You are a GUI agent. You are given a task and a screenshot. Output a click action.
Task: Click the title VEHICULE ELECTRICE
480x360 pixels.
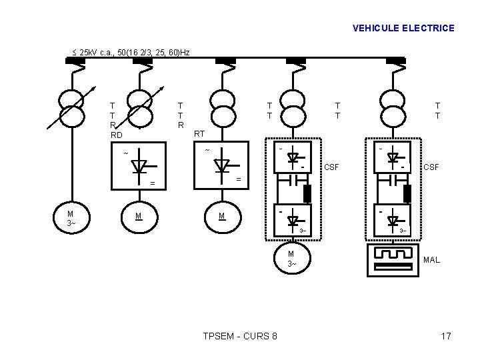(403, 28)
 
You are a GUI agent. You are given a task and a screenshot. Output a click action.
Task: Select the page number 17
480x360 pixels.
(446, 336)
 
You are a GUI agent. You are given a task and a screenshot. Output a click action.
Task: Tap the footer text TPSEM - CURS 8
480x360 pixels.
(240, 336)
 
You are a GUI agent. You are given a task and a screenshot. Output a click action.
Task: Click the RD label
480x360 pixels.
(116, 135)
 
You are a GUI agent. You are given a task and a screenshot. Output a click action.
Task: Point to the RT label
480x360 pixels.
(199, 134)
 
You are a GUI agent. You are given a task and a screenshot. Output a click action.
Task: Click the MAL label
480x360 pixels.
(431, 259)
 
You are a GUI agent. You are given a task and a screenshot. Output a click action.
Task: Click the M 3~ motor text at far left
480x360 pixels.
(71, 218)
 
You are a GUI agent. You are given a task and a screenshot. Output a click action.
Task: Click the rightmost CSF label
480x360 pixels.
(431, 167)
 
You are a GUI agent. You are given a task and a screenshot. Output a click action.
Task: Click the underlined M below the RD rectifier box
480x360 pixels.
(137, 216)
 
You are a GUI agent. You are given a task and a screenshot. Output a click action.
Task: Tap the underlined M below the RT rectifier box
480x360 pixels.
(222, 216)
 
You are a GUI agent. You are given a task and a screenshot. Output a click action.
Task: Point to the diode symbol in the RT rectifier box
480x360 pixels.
(222, 166)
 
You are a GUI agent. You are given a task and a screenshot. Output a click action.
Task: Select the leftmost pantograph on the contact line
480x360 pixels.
(75, 62)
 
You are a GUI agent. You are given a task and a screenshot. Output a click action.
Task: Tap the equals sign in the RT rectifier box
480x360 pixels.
(239, 180)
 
